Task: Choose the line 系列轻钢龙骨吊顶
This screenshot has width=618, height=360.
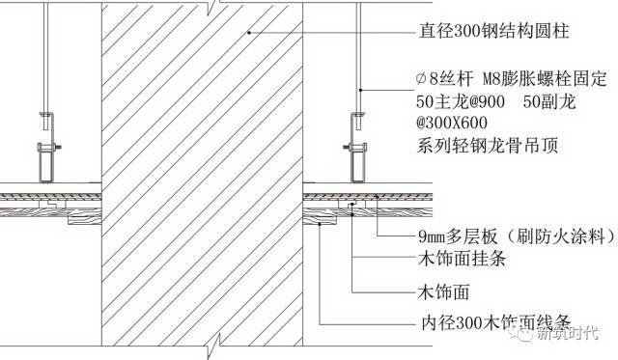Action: (472, 146)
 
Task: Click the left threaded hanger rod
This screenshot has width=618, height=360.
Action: (47, 58)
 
